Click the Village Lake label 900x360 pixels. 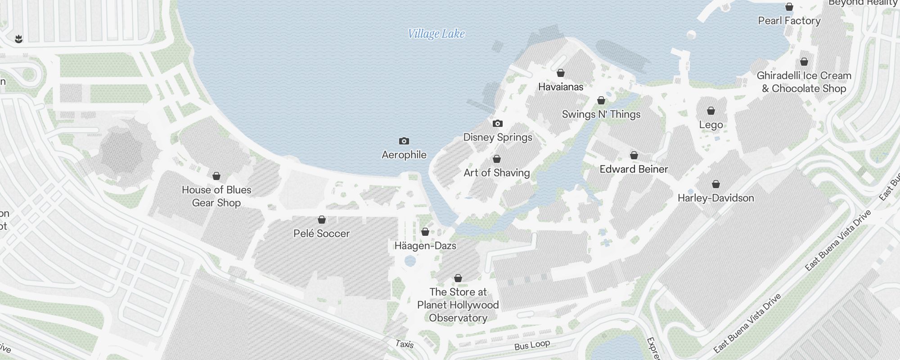(x=436, y=34)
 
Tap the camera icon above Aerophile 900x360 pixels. (x=404, y=141)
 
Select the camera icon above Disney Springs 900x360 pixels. (x=497, y=124)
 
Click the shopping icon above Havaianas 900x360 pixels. (x=561, y=73)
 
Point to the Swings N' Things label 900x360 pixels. (x=601, y=114)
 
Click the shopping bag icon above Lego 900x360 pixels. (x=711, y=111)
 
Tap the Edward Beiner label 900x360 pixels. (x=634, y=169)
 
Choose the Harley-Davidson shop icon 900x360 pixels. (x=716, y=184)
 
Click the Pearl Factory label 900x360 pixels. (x=789, y=21)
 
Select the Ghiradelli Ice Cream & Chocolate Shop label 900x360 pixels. (x=804, y=82)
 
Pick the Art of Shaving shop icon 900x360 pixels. (x=497, y=159)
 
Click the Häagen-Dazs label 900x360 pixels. (x=425, y=246)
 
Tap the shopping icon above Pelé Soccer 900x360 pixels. (x=322, y=220)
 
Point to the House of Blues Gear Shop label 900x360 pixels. (x=216, y=196)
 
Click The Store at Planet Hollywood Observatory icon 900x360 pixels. (x=458, y=279)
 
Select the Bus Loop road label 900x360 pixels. (x=532, y=345)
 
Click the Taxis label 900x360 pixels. (x=405, y=344)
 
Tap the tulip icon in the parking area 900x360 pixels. (x=18, y=39)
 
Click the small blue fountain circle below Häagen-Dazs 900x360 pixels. (x=410, y=261)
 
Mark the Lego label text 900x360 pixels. (x=711, y=125)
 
